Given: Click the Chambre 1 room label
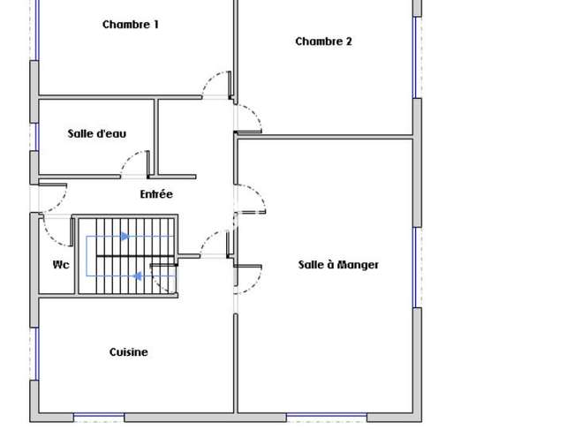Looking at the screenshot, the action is tap(131, 25).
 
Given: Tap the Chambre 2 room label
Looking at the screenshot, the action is tap(323, 41).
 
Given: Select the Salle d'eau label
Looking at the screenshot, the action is tap(97, 133).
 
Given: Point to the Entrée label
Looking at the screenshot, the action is tap(156, 194).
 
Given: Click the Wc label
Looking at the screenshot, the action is tap(61, 265).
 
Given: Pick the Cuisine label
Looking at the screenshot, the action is tap(129, 352).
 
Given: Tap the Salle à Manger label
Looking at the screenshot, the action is tap(338, 265).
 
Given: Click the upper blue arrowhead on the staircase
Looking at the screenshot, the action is tap(125, 237).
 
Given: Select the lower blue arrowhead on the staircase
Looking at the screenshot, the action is tap(137, 276).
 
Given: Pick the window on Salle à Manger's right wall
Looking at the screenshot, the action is tap(417, 268).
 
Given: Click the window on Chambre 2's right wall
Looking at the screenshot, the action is tap(417, 57).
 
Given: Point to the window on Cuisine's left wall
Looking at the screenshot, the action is tap(35, 354).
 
